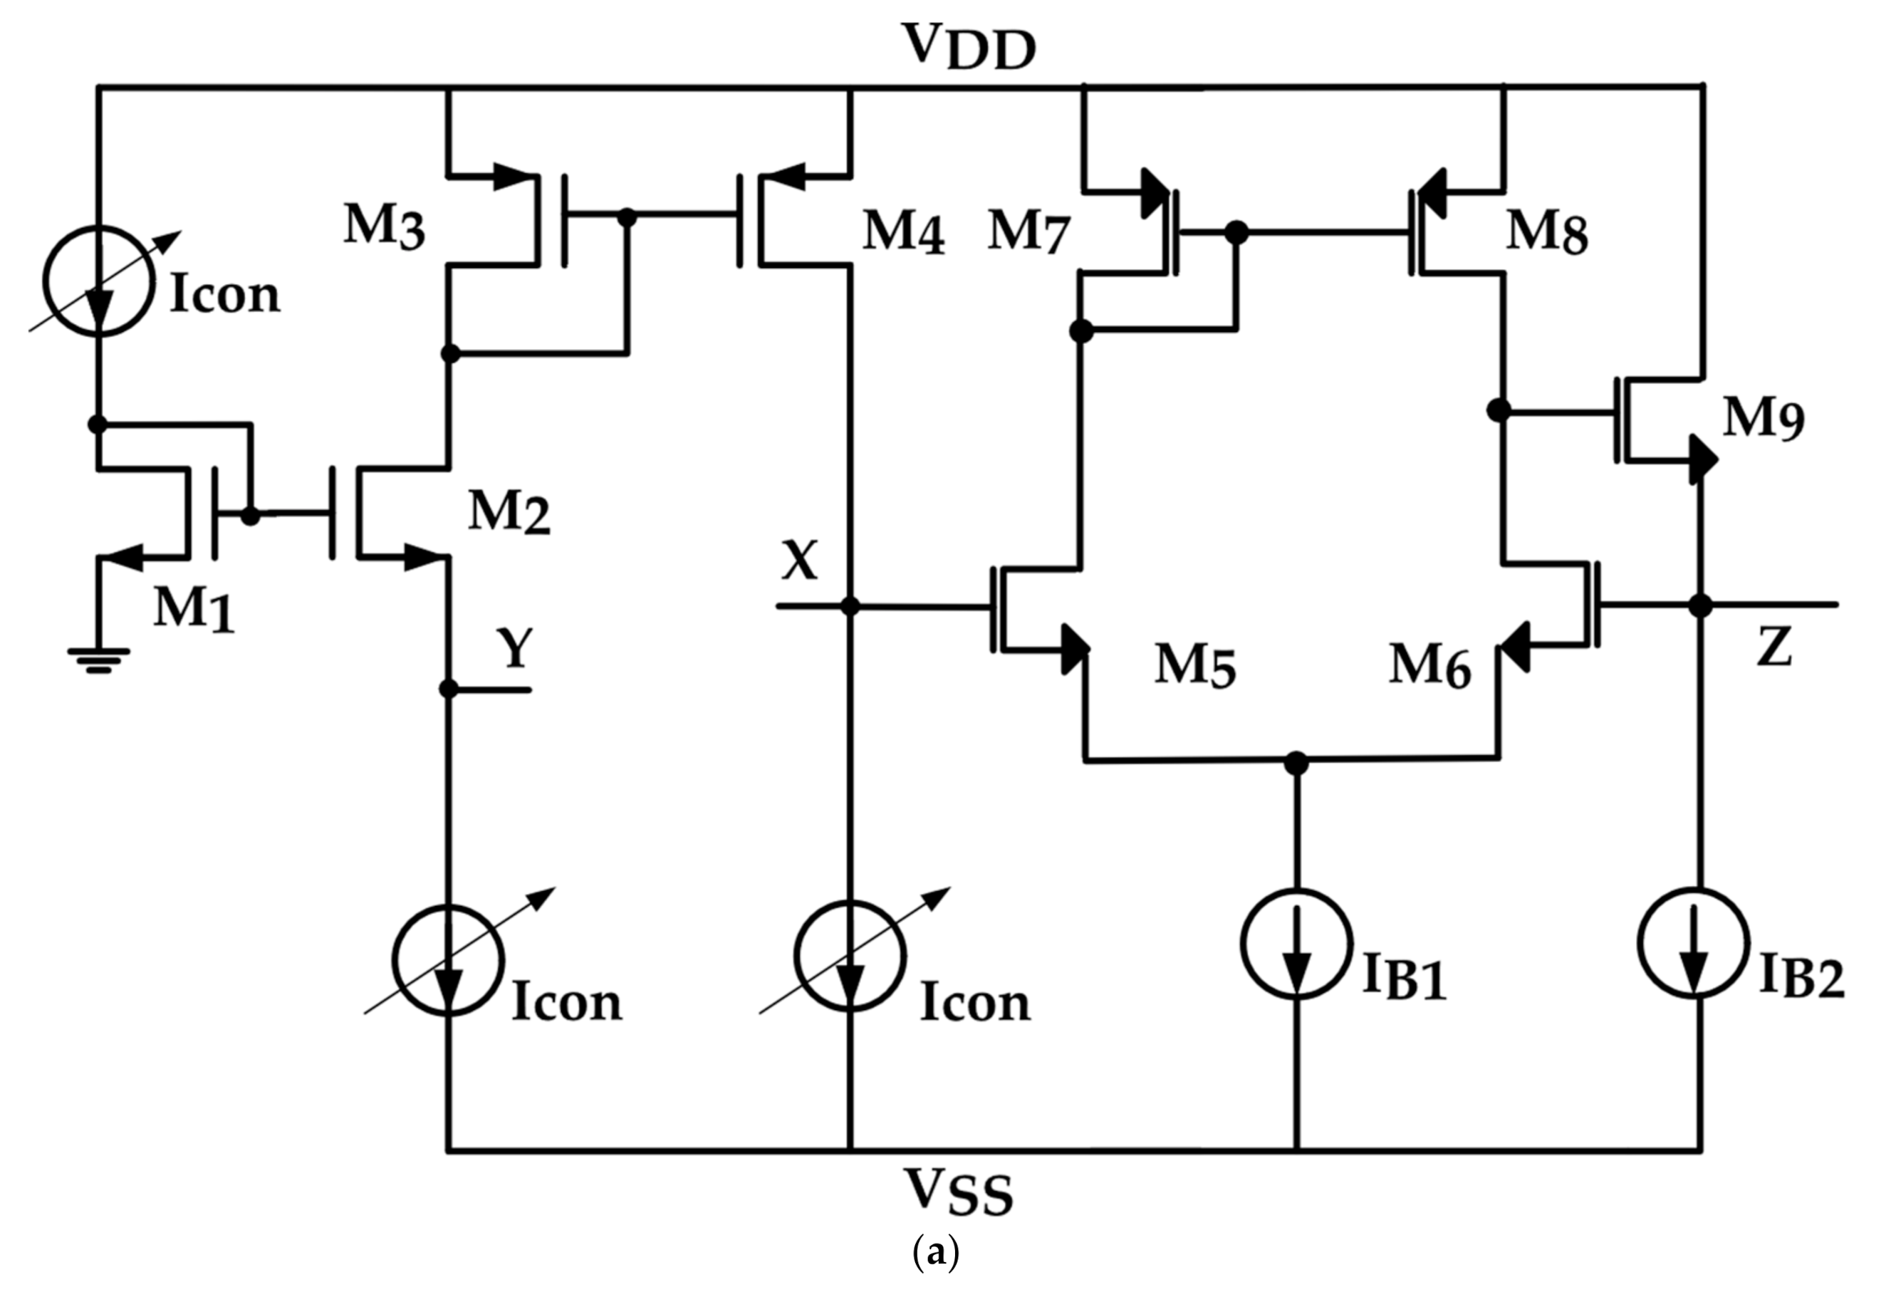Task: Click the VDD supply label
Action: pyautogui.click(x=969, y=46)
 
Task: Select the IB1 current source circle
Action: pyautogui.click(x=1296, y=944)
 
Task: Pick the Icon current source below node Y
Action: pyautogui.click(x=448, y=959)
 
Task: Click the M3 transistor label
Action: pyautogui.click(x=383, y=225)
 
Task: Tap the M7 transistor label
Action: pyautogui.click(x=1028, y=231)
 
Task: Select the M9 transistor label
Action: pyautogui.click(x=1763, y=420)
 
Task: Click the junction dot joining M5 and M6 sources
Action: pyautogui.click(x=1296, y=762)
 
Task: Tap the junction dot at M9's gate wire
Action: pyautogui.click(x=1499, y=410)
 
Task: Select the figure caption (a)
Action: pyautogui.click(x=936, y=1252)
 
